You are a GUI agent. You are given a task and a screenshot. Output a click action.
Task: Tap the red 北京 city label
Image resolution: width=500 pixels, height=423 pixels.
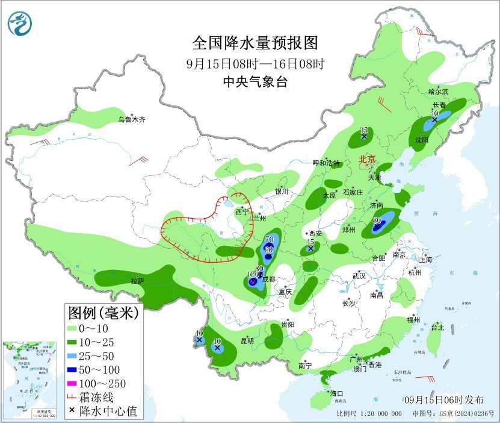click(x=367, y=160)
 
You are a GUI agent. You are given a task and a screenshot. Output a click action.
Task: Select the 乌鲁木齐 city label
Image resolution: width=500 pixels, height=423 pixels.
click(x=131, y=120)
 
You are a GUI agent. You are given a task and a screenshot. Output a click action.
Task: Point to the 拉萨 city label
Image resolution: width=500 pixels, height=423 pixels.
click(x=137, y=281)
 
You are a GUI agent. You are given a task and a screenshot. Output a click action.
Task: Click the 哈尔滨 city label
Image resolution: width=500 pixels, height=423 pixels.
click(x=438, y=92)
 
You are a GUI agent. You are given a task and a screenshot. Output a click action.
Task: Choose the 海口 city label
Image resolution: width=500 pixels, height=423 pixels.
click(x=336, y=393)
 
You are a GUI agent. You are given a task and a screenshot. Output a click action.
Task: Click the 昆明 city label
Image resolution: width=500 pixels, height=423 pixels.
click(x=247, y=341)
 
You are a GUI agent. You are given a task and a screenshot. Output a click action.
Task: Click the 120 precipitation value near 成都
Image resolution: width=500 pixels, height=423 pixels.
click(x=253, y=275)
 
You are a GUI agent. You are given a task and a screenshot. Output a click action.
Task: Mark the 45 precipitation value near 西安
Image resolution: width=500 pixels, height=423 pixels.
click(x=310, y=242)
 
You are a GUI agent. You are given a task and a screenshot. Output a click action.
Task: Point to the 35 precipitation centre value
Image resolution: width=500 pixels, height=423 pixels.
click(x=363, y=131)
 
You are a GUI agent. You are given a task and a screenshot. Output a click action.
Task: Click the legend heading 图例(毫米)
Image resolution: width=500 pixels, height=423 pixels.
click(x=103, y=313)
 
